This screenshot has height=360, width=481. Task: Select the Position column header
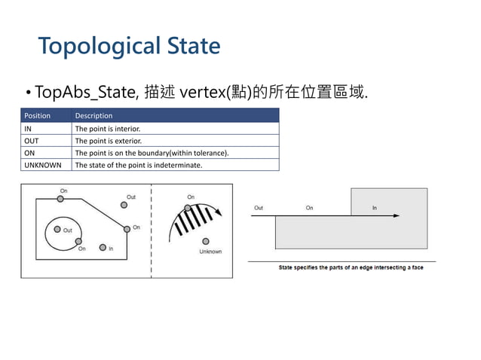pyautogui.click(x=38, y=116)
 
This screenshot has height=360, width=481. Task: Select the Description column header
pyautogui.click(x=93, y=116)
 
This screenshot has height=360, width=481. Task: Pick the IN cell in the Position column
pyautogui.click(x=29, y=129)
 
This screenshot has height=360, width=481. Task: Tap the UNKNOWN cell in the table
pyautogui.click(x=43, y=165)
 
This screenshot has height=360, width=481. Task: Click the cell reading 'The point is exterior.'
pyautogui.click(x=108, y=141)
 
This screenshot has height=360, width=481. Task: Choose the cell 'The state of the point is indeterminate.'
pyautogui.click(x=138, y=165)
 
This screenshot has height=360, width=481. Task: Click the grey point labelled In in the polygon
pyautogui.click(x=103, y=248)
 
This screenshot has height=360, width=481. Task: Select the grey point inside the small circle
pyautogui.click(x=57, y=230)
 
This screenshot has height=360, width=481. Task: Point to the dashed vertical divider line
pyautogui.click(x=153, y=230)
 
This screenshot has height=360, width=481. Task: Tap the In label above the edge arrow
pyautogui.click(x=375, y=208)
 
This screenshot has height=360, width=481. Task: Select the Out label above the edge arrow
pyautogui.click(x=259, y=208)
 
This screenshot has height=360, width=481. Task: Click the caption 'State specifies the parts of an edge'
pyautogui.click(x=351, y=267)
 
